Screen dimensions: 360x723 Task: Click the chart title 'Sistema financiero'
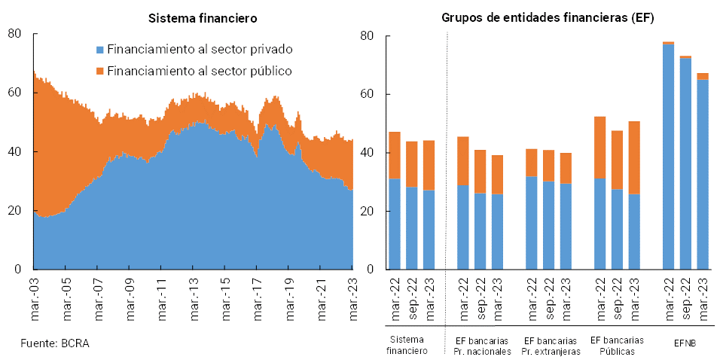pyautogui.click(x=202, y=17)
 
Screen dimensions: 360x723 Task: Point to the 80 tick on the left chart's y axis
pyautogui.click(x=14, y=34)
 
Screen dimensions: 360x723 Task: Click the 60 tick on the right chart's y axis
pyautogui.click(x=368, y=94)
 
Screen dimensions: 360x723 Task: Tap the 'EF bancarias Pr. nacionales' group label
pyautogui.click(x=482, y=346)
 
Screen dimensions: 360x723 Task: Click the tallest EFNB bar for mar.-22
pyautogui.click(x=668, y=158)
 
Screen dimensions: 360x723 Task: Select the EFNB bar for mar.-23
pyautogui.click(x=703, y=173)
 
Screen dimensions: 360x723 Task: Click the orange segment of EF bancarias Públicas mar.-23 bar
pyautogui.click(x=634, y=157)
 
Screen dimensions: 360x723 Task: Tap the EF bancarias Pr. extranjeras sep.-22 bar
pyautogui.click(x=548, y=211)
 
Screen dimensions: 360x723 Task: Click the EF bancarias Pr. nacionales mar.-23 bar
pyautogui.click(x=498, y=215)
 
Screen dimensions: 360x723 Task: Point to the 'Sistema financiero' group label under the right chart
pyautogui.click(x=406, y=346)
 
